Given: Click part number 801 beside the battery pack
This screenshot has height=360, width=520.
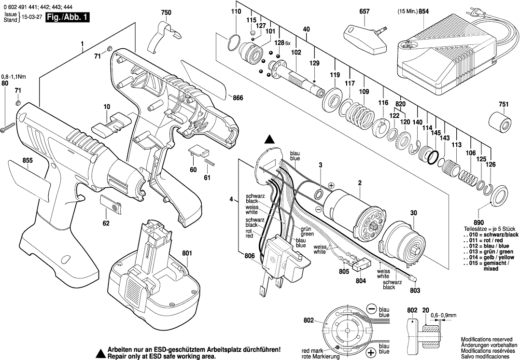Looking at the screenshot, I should [x=186, y=252].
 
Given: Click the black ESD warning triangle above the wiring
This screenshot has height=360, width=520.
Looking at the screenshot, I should [x=270, y=140].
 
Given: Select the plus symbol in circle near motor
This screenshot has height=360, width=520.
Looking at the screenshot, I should [x=331, y=185].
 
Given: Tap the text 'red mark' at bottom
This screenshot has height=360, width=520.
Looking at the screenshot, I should [x=312, y=351].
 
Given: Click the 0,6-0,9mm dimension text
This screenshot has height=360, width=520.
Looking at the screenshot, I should [x=444, y=315].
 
